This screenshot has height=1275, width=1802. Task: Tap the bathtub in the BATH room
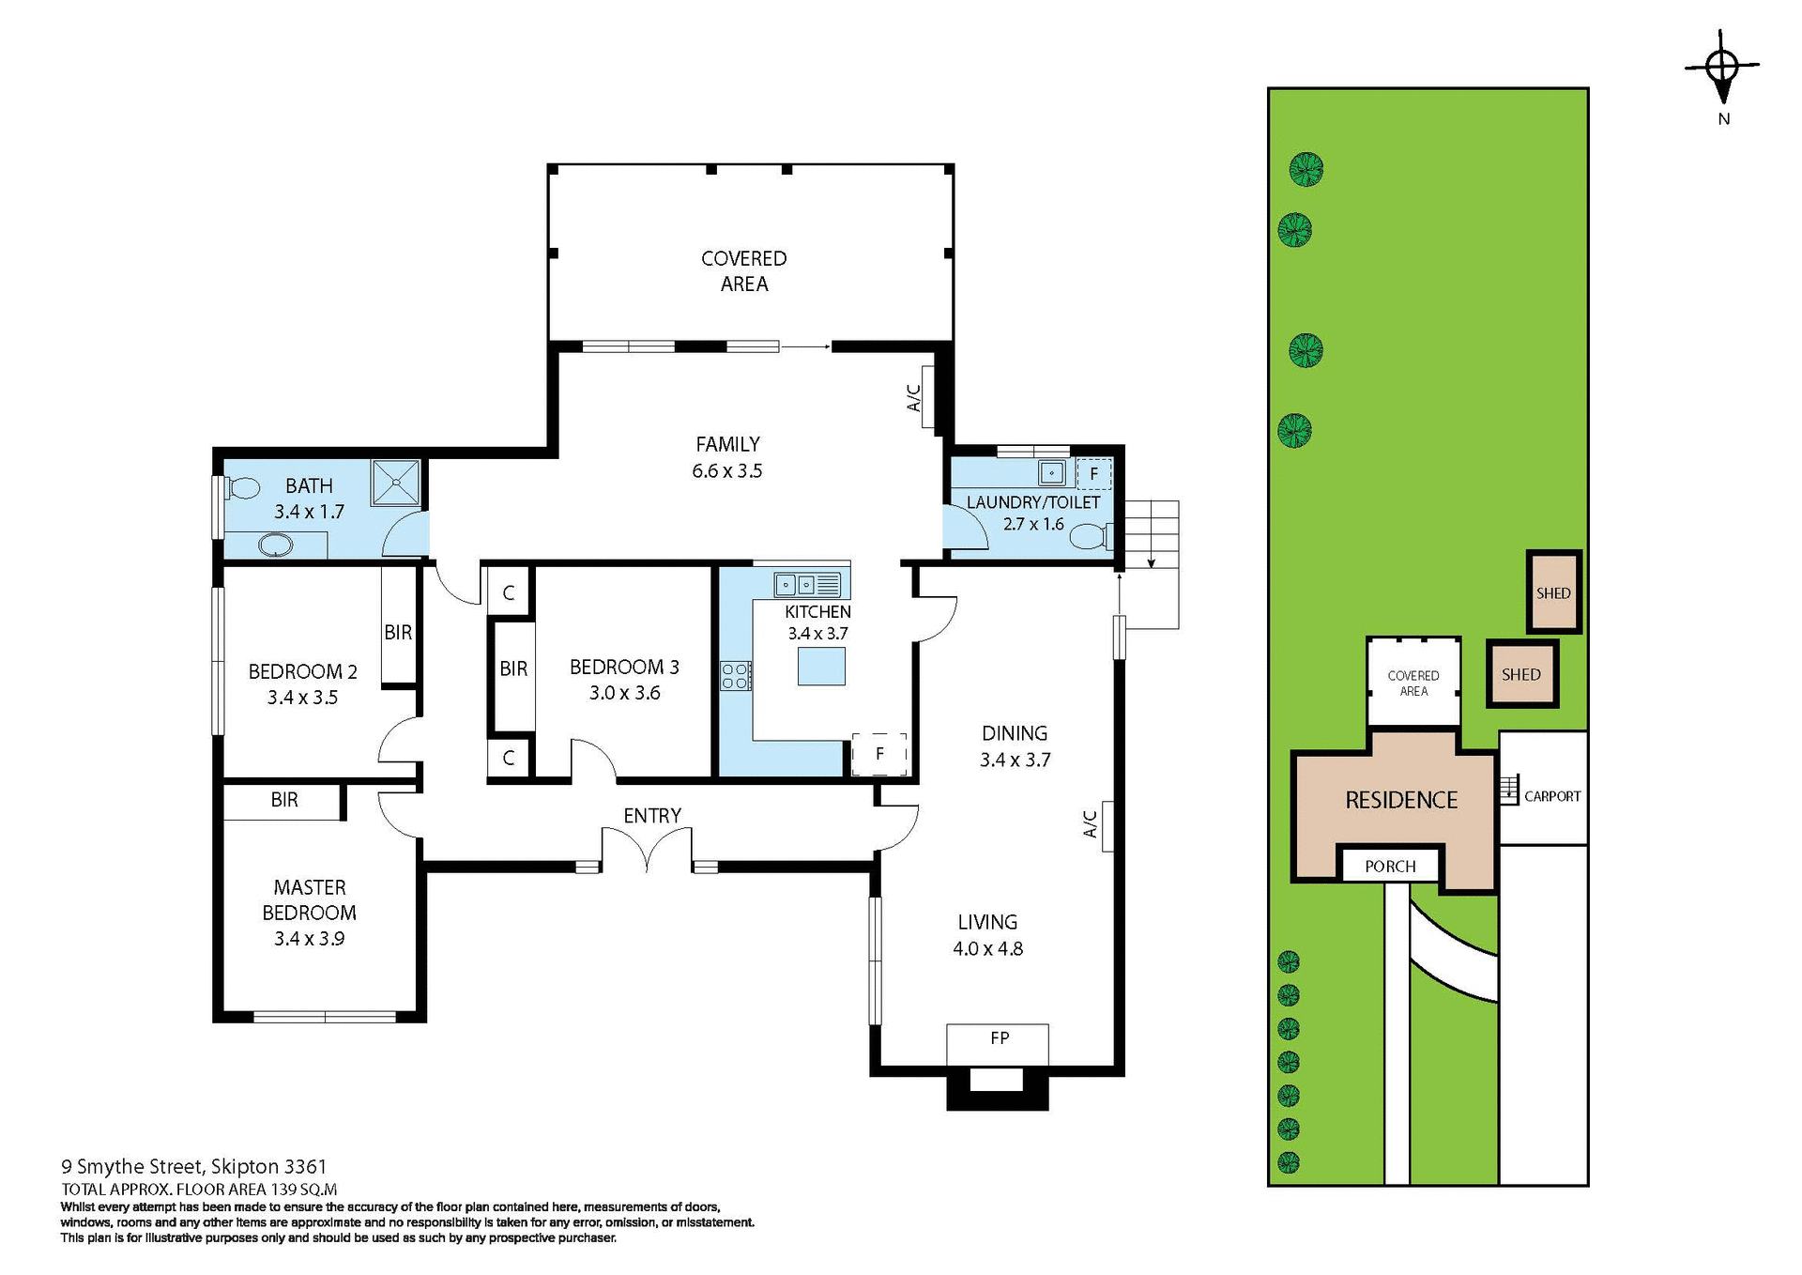tap(275, 545)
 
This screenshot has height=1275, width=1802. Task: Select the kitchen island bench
tap(821, 666)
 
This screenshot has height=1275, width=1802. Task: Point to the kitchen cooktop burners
tap(735, 675)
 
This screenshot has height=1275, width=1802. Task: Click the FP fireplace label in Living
tap(1000, 1037)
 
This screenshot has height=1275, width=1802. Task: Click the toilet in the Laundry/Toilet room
tap(1091, 537)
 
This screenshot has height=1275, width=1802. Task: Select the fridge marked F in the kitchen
tap(879, 753)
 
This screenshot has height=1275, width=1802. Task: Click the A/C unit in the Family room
tap(928, 398)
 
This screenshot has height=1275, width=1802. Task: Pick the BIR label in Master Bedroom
tap(284, 800)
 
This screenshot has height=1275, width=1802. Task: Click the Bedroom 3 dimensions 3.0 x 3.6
tap(624, 693)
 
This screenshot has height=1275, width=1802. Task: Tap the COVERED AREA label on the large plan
tap(743, 270)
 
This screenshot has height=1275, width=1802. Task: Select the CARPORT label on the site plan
tap(1551, 796)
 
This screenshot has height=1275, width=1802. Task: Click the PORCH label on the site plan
tap(1390, 866)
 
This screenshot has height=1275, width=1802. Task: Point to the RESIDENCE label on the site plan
tap(1400, 800)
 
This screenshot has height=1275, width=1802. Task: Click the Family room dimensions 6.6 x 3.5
tap(726, 471)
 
